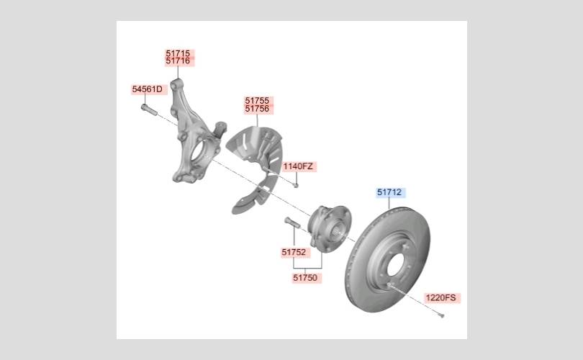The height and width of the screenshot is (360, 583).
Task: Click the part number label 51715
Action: click(178, 53)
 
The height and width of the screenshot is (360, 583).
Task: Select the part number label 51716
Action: click(178, 61)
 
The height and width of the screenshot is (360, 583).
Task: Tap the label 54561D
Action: click(148, 89)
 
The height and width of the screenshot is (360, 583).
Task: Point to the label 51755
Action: click(257, 100)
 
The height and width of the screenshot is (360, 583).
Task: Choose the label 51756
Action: click(257, 109)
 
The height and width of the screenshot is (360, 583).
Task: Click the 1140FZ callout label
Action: click(298, 166)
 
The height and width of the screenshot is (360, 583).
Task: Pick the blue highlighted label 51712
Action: click(389, 192)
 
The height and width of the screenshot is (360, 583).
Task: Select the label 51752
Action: click(294, 252)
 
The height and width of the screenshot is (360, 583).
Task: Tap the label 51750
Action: click(305, 278)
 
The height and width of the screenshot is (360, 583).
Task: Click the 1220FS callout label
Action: click(440, 297)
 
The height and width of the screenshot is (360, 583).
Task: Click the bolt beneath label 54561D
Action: click(149, 109)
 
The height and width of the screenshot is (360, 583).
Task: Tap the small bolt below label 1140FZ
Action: click(296, 185)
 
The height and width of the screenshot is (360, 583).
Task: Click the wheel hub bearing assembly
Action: click(330, 229)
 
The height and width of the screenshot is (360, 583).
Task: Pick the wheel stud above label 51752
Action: click(292, 222)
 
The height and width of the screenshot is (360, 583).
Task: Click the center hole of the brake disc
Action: click(395, 265)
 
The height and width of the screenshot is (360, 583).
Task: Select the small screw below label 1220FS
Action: click(441, 316)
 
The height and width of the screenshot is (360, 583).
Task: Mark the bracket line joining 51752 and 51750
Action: click(307, 268)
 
